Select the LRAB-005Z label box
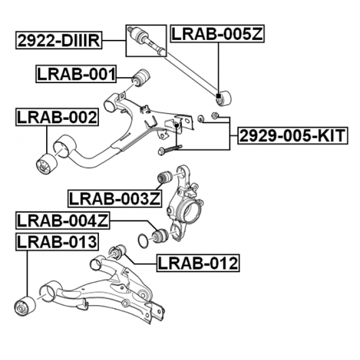[217, 34]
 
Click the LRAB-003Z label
[115, 198]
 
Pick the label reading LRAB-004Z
[62, 220]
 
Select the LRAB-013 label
[57, 242]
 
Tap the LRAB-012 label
[197, 262]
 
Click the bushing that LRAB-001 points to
[142, 76]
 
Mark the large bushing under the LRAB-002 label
[44, 164]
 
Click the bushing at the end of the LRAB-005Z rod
[224, 98]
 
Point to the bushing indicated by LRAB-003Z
[164, 177]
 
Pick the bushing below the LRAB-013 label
[24, 305]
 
